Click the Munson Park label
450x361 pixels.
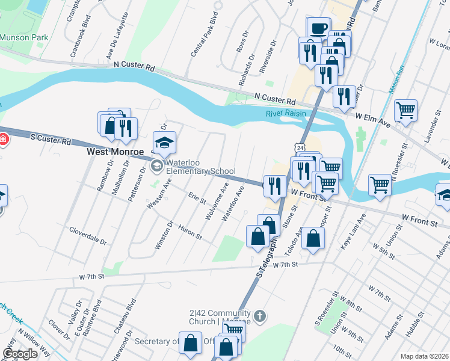[x=23, y=37]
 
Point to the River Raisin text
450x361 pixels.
[x=286, y=114]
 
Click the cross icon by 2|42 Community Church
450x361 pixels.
[x=260, y=315]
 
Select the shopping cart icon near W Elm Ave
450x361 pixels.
[x=406, y=110]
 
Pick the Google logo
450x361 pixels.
[x=20, y=354]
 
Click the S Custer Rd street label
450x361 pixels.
[x=50, y=140]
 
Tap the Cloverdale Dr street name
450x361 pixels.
[x=88, y=235]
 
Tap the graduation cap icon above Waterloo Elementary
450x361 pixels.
[x=164, y=143]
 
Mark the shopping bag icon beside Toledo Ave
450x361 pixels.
[x=313, y=238]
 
